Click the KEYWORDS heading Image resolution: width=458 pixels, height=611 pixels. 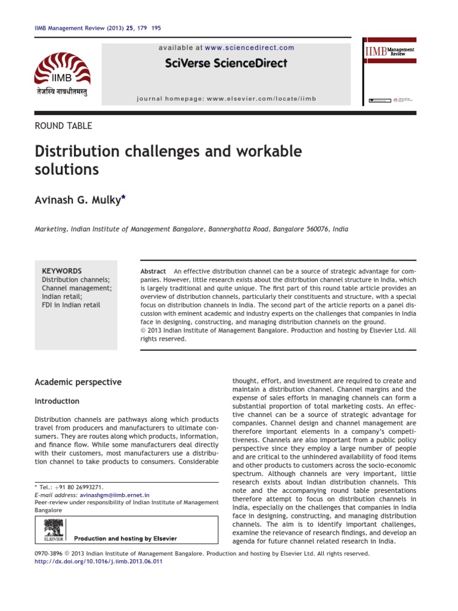tap(61, 271)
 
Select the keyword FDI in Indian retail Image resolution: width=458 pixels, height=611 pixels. tap(71, 305)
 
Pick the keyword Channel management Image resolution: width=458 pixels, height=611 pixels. tap(76, 288)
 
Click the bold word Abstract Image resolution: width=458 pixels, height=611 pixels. tap(153, 271)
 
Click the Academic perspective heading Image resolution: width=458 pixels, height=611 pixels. tap(78, 382)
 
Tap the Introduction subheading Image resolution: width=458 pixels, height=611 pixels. tap(57, 401)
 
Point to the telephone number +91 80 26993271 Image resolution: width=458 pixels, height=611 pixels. tap(81, 487)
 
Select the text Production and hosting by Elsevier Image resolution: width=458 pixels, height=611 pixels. tap(125, 538)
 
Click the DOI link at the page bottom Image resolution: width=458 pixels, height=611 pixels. tap(98, 561)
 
